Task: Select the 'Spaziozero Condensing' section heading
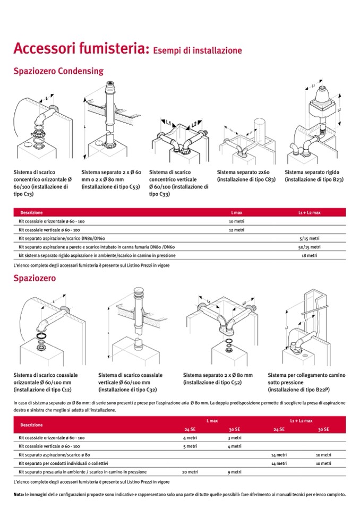pyautogui.click(x=58, y=71)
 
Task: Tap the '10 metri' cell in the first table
pyautogui.click(x=236, y=221)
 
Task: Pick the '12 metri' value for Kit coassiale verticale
pyautogui.click(x=236, y=230)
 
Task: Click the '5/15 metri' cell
pyautogui.click(x=309, y=238)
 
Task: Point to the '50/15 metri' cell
pyautogui.click(x=309, y=247)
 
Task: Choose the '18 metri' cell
pyautogui.click(x=309, y=255)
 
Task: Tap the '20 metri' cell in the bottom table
pyautogui.click(x=190, y=472)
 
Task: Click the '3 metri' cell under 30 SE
pyautogui.click(x=234, y=438)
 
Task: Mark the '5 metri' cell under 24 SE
pyautogui.click(x=190, y=446)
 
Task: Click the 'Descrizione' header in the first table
pyautogui.click(x=31, y=212)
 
